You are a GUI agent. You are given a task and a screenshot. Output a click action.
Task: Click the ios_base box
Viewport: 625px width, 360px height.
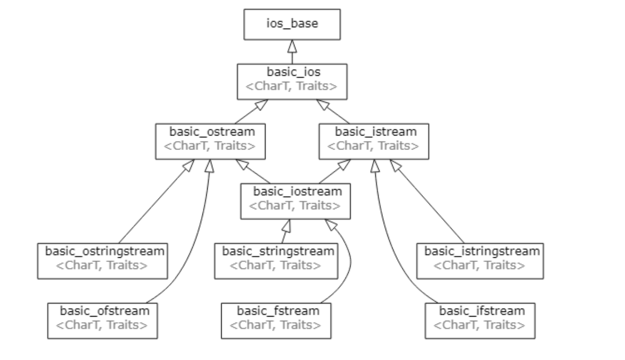coord(292,25)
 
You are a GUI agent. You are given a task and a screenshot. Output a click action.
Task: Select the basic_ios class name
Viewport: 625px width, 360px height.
coord(293,72)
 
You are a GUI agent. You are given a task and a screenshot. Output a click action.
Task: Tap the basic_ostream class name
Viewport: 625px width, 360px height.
coord(212,132)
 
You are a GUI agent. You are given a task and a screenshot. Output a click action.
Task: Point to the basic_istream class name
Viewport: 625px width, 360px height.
coord(376,132)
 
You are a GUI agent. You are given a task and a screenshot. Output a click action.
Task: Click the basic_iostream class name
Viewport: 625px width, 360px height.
coord(298,191)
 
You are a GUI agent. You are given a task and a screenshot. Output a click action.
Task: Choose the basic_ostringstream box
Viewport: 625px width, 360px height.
coord(103,261)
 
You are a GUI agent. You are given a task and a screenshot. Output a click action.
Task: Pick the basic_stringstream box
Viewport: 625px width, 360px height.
coord(276,261)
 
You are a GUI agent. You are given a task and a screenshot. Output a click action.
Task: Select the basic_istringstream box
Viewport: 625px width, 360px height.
coord(480,261)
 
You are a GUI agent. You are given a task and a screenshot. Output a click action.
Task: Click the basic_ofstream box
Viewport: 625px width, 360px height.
coord(103,321)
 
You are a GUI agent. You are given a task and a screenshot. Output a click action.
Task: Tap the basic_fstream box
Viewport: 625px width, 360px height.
coord(276,321)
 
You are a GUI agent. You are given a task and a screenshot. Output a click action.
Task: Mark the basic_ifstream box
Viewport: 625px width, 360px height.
coord(480,321)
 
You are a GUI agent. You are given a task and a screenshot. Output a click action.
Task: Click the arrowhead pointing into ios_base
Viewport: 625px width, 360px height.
coord(292,46)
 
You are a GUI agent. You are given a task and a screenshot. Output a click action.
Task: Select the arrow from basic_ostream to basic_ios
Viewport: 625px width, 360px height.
coord(252,112)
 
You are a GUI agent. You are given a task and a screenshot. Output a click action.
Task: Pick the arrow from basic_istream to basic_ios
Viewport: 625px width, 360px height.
coord(333,112)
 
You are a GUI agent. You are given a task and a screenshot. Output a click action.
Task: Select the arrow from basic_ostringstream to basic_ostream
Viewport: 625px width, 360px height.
coord(156,202)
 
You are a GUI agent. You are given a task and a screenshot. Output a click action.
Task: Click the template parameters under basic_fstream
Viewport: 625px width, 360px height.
coord(275,325)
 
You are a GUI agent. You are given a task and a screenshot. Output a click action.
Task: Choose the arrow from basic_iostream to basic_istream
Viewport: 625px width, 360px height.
coord(335,172)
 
